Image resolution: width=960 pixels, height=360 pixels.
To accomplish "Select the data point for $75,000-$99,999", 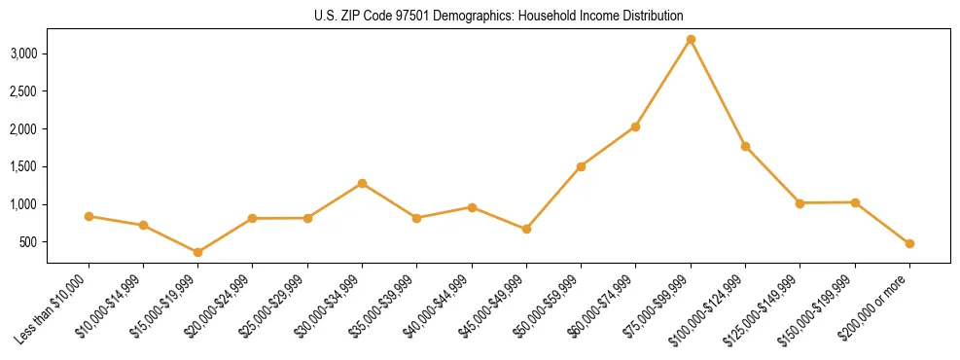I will pos(691,39).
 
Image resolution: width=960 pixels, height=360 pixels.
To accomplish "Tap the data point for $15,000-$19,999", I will pos(198,252).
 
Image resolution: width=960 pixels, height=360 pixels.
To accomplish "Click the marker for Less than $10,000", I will pos(89,216).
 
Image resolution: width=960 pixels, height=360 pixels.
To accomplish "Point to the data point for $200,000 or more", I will pos(909,243).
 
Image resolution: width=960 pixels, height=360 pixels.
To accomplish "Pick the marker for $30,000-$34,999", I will pos(362,183).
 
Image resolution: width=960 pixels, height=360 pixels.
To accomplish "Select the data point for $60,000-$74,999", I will pos(635,126).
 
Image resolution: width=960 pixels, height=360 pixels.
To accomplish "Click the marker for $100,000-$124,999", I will pos(745,146).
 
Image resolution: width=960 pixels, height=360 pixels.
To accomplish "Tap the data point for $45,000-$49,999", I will pos(526,229).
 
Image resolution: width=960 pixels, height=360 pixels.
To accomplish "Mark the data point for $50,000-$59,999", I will pos(581,166).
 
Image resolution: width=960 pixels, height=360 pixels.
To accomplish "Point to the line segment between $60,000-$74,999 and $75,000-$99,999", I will pos(663,83).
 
